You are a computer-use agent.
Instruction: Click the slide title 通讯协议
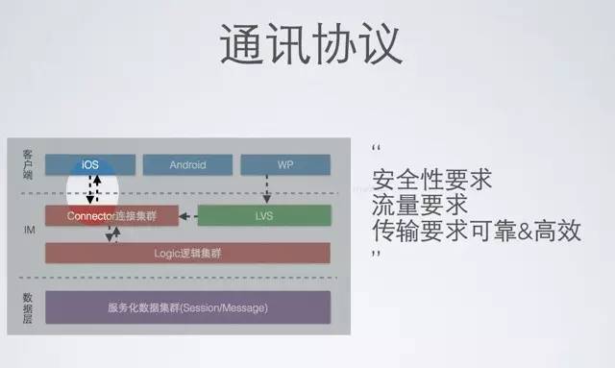(x=309, y=44)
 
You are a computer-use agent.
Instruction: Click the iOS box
(x=90, y=164)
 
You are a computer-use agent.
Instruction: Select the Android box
(x=187, y=164)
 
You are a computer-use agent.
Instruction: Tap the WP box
(x=284, y=164)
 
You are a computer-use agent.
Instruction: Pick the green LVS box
(x=263, y=215)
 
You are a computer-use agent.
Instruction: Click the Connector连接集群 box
(x=111, y=215)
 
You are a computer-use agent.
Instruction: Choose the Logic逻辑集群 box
(x=187, y=253)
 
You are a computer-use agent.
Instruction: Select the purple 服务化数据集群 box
(x=187, y=307)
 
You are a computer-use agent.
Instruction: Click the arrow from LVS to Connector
(x=188, y=215)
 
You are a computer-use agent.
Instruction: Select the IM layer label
(x=27, y=232)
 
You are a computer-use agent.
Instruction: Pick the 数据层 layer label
(x=27, y=307)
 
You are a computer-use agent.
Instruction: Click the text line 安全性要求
(x=418, y=180)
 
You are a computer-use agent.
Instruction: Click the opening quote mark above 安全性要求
(x=376, y=150)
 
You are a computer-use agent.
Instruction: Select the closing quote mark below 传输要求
(x=376, y=256)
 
